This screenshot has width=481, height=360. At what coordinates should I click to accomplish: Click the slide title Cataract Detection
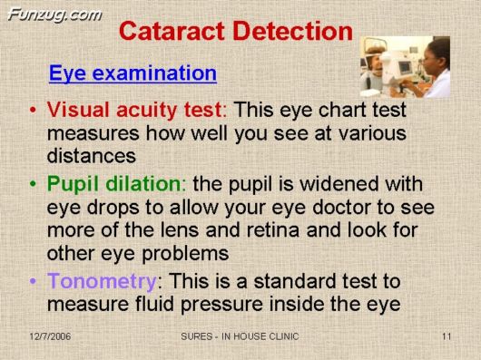pos(235,32)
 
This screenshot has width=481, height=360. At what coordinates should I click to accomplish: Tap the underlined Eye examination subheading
pos(133,73)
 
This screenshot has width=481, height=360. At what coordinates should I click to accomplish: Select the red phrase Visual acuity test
pos(134,110)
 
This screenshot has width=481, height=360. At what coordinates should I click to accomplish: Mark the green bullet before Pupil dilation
pos(33,186)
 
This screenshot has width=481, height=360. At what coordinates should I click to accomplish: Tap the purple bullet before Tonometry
pos(33,281)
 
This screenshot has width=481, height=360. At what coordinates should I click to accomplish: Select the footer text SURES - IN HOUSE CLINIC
pos(240,337)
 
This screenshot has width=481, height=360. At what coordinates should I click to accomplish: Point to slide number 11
pos(447,337)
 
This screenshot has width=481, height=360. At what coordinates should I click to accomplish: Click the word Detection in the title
pos(291,32)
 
